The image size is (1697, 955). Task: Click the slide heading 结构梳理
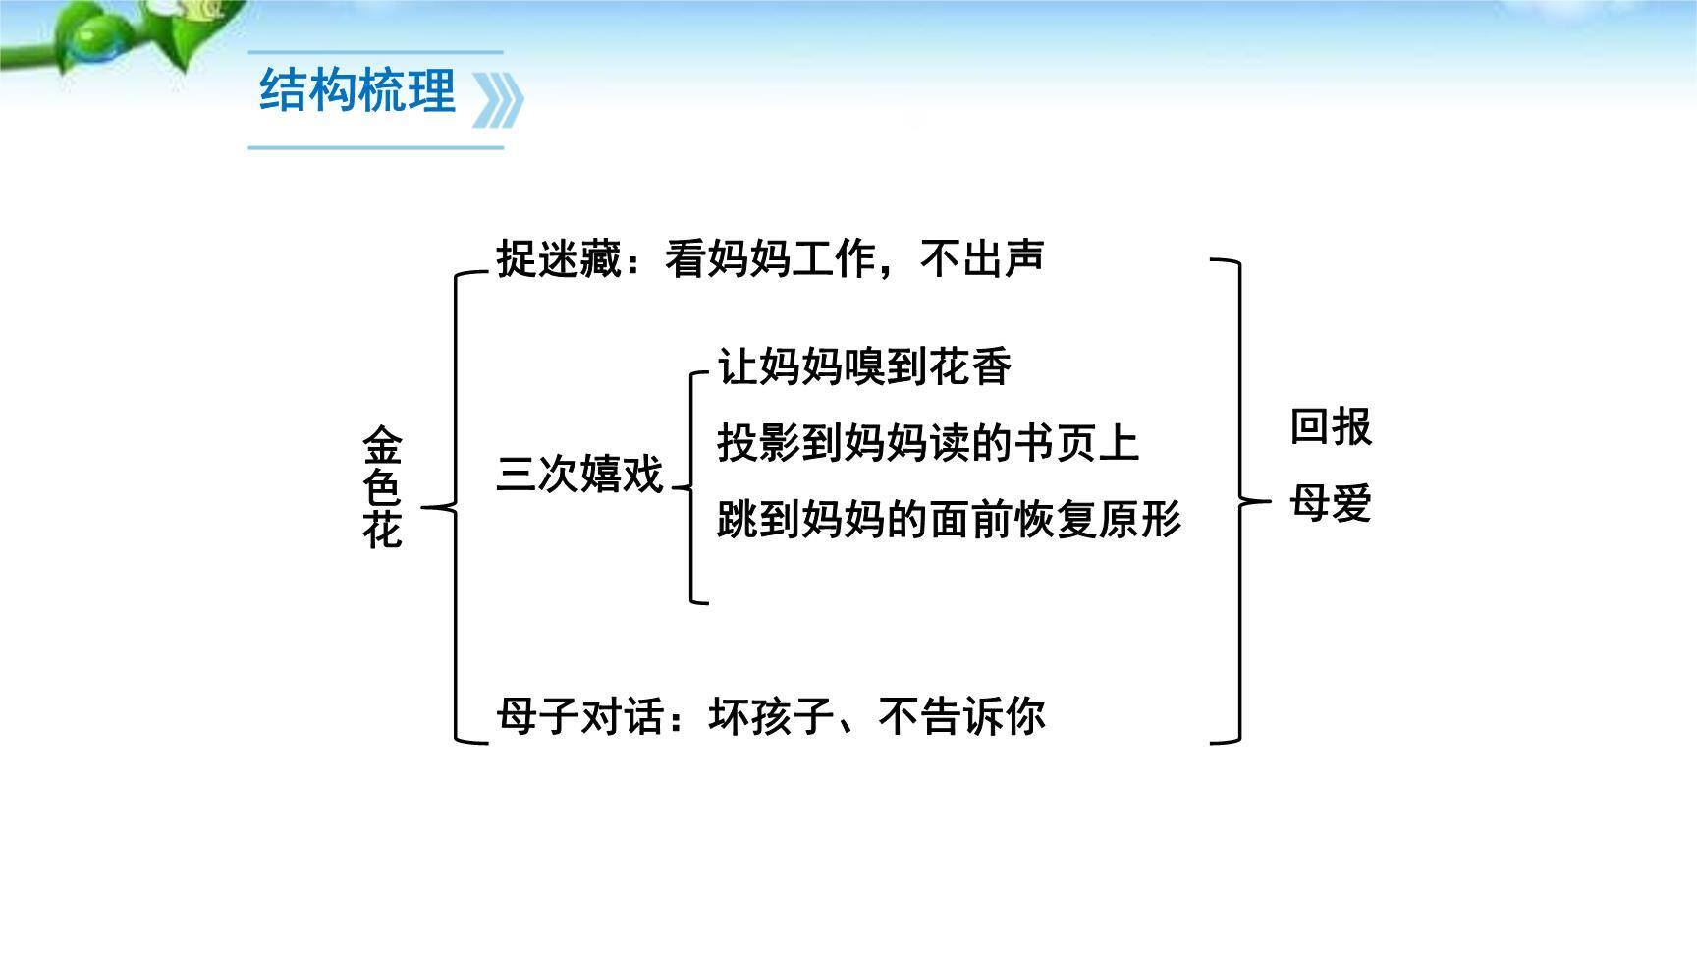(357, 91)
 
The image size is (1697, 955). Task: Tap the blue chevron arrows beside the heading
(498, 99)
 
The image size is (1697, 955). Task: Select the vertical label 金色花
(382, 487)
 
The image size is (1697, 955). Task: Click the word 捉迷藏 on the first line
(558, 259)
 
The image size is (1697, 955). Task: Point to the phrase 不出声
(982, 258)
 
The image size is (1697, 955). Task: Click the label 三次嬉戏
(579, 475)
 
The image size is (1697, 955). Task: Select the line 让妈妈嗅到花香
(864, 367)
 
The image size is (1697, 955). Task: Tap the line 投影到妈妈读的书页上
(927, 443)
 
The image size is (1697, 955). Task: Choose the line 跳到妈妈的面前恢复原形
(949, 519)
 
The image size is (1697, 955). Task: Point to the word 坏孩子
(771, 716)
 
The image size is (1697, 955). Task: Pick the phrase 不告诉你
(961, 716)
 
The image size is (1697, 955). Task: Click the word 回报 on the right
(1330, 427)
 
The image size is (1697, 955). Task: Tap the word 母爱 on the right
(1330, 503)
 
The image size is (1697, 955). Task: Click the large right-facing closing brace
(1235, 501)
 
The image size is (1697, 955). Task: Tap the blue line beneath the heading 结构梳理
(375, 148)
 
